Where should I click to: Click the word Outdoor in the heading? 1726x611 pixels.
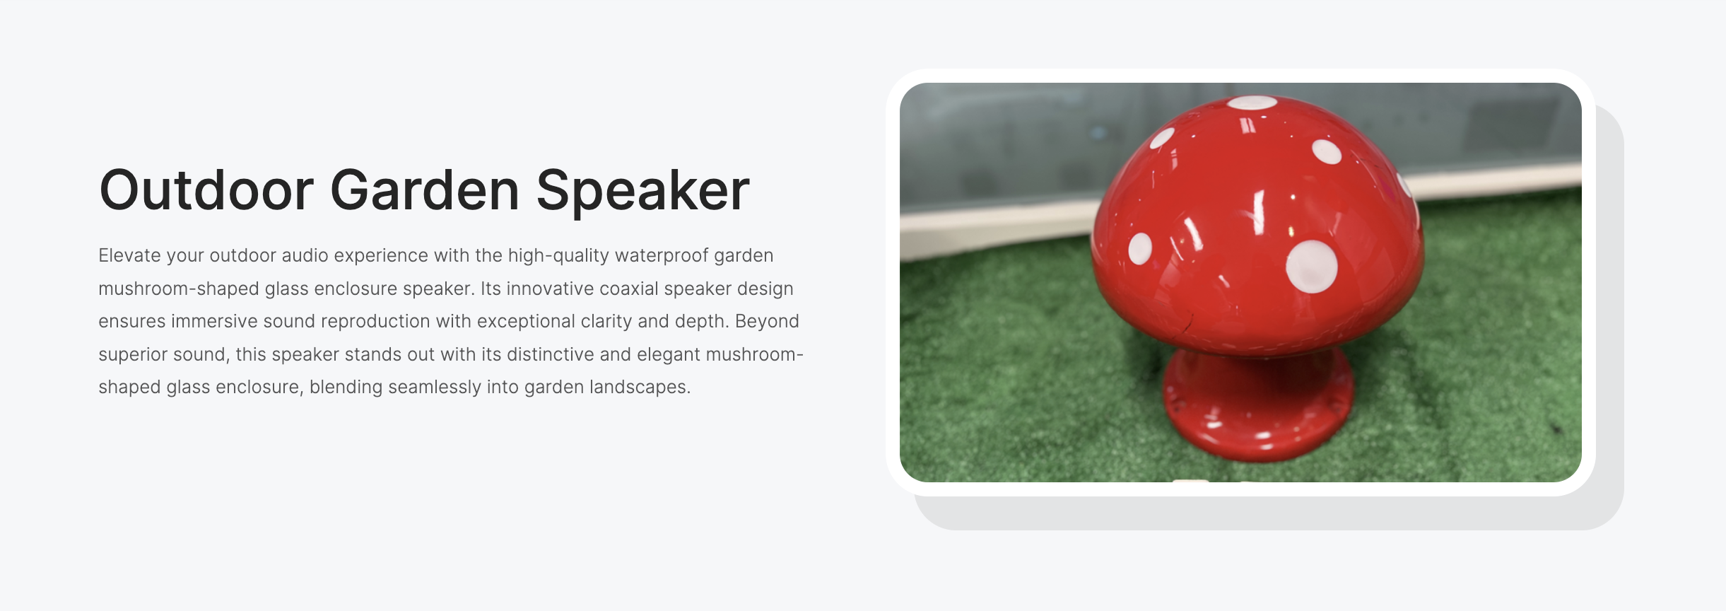coord(206,190)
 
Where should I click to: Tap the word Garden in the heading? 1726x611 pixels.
coord(425,190)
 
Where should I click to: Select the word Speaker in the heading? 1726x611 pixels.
coord(642,192)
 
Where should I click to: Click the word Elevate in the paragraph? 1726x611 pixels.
coord(129,255)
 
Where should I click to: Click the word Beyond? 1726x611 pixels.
coord(767,322)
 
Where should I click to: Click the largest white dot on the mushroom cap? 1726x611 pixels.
coord(1311,267)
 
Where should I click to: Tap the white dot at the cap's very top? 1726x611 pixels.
coord(1251,103)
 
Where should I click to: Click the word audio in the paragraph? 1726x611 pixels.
coord(305,255)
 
